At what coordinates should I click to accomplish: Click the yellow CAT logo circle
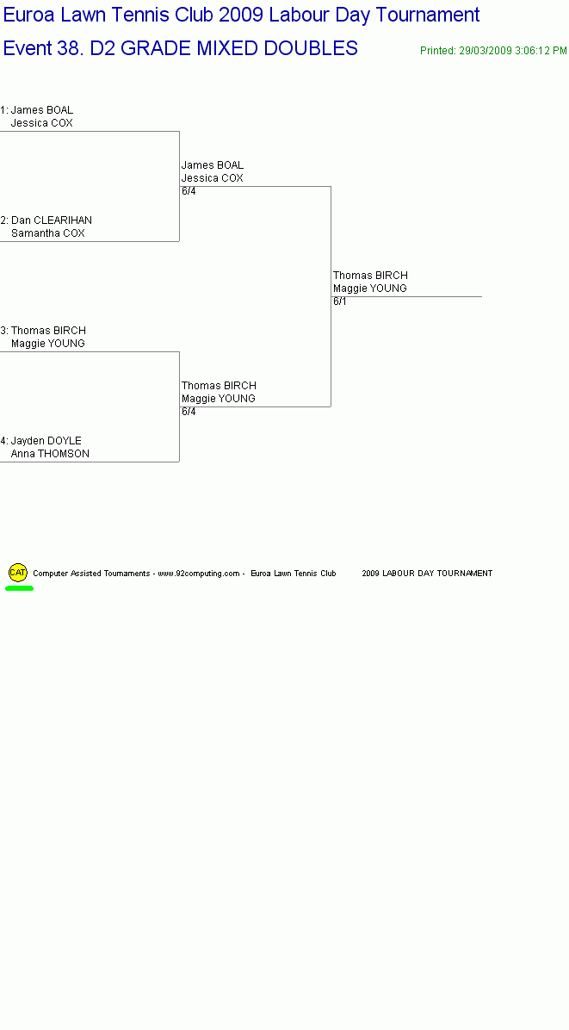click(18, 572)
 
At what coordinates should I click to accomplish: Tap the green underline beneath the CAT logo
click(19, 588)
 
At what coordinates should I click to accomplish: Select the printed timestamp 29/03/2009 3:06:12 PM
click(512, 51)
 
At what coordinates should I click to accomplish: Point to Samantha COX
click(48, 233)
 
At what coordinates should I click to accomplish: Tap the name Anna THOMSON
click(50, 454)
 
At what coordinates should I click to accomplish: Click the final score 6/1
click(340, 301)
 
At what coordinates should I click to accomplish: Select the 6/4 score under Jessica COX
click(189, 191)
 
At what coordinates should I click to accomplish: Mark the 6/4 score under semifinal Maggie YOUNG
click(189, 412)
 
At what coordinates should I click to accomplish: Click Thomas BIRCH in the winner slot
click(370, 276)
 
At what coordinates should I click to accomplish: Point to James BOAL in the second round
click(213, 164)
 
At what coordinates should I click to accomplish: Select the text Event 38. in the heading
click(43, 48)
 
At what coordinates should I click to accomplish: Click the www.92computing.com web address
click(199, 574)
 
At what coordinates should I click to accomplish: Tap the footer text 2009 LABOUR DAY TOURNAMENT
click(427, 574)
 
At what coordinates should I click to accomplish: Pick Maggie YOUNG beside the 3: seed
click(48, 344)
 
